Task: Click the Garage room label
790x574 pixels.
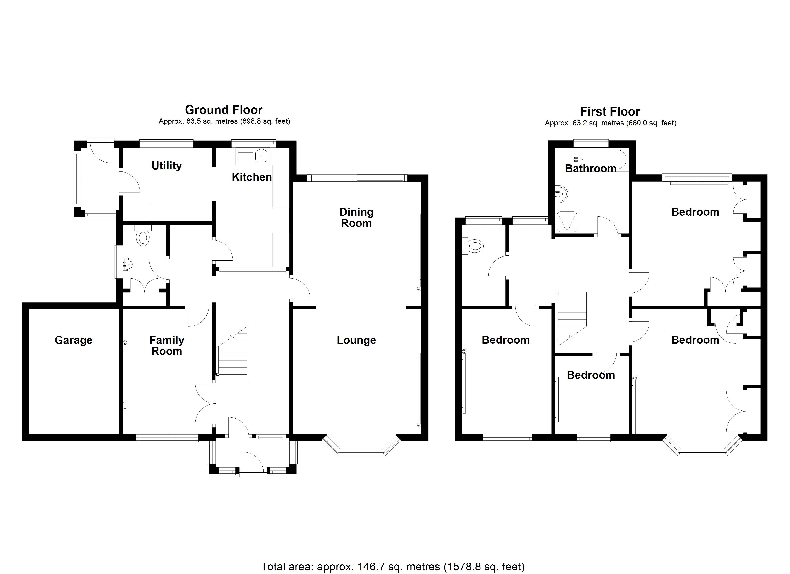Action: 73,340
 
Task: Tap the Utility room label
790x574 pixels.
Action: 167,166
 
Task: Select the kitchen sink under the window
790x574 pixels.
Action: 261,156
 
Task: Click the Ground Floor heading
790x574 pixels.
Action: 224,110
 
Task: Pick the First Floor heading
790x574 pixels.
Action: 610,112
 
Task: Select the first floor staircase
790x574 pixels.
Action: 571,319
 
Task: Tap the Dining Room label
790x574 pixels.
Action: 356,218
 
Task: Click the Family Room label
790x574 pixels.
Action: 167,346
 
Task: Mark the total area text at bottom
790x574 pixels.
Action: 393,566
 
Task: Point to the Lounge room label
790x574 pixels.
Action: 356,340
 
